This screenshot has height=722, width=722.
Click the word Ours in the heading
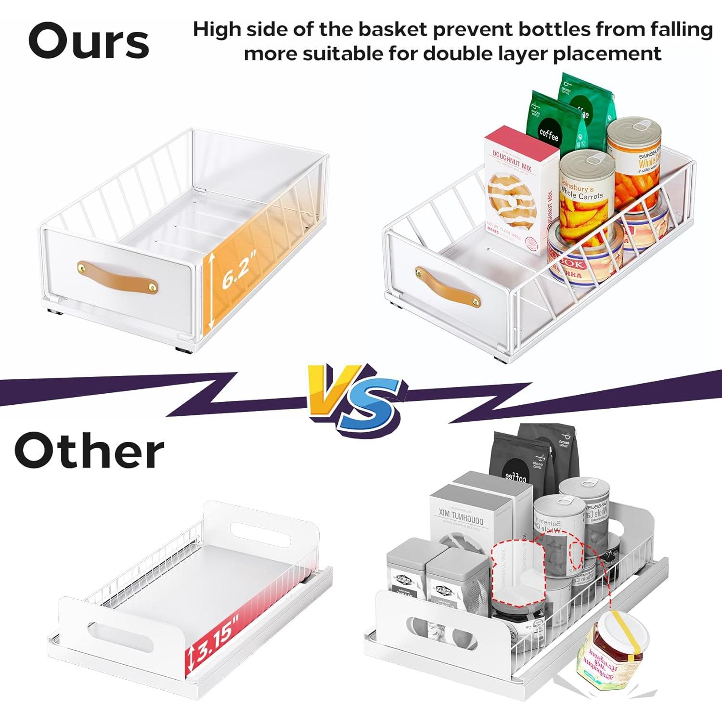pyautogui.click(x=89, y=41)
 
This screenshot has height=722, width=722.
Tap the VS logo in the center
pyautogui.click(x=357, y=397)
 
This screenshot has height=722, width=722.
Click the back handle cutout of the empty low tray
pyautogui.click(x=260, y=533)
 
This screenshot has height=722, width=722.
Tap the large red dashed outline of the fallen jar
pyautogui.click(x=518, y=570)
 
